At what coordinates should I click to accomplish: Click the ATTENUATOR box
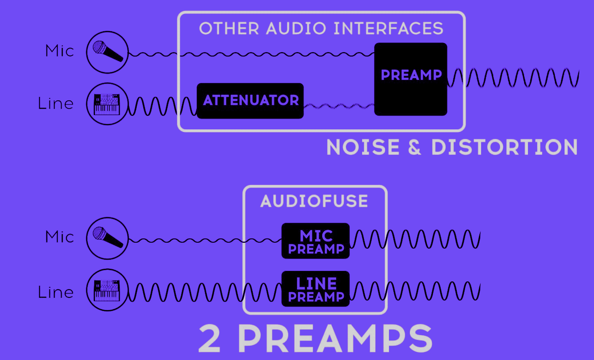point(250,101)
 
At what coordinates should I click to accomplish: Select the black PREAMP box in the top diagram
point(411,79)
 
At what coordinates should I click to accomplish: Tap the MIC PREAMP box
point(316,241)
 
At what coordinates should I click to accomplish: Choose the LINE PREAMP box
point(316,289)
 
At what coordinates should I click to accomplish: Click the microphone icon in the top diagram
point(107,52)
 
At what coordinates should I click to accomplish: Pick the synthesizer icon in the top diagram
point(107,104)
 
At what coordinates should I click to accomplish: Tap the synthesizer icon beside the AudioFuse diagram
point(107,290)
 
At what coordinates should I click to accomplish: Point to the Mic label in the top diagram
point(60,51)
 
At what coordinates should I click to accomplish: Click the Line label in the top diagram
point(56,103)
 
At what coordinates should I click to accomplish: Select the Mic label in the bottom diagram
point(60,237)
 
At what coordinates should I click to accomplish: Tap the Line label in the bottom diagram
point(56,292)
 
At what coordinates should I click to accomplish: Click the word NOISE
point(363,147)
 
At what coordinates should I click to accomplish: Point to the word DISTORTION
point(504,147)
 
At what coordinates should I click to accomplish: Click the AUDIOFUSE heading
point(314,201)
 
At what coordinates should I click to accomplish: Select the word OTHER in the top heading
point(230,29)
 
